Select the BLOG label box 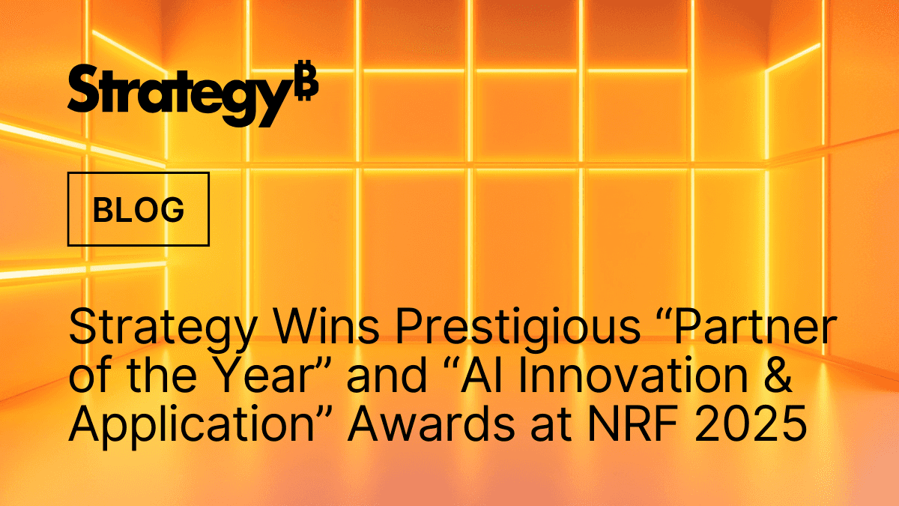tap(139, 209)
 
